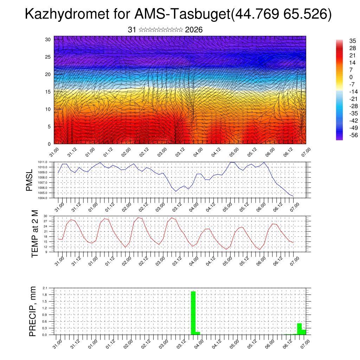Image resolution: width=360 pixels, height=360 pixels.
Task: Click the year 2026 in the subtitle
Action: (194, 30)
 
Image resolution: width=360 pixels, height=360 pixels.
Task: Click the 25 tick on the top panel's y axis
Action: (48, 57)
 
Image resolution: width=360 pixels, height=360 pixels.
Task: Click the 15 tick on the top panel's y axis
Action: (48, 92)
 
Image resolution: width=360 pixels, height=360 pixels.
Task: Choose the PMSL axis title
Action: (29, 180)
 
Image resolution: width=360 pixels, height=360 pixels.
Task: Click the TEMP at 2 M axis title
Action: (34, 233)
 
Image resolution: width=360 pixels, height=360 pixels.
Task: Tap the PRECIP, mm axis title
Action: (33, 311)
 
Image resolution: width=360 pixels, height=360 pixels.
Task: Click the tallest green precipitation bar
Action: (193, 313)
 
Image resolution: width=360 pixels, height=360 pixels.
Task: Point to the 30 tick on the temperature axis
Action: (45, 216)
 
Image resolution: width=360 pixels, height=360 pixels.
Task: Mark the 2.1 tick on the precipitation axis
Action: (45, 288)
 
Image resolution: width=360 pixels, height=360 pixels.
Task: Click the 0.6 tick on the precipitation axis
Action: (45, 321)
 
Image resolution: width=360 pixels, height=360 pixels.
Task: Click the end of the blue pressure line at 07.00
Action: (293, 196)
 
